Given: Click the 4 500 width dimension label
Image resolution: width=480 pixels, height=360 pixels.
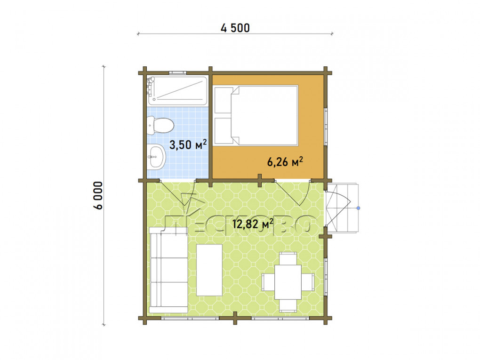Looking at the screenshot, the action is [235, 28].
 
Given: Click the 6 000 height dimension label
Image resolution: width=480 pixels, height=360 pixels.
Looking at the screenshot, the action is [98, 195].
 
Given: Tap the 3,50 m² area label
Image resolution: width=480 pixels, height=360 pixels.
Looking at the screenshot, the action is [188, 144].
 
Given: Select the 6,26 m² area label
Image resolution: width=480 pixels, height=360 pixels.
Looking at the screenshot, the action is [285, 161].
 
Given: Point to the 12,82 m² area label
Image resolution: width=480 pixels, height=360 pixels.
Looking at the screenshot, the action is [253, 224].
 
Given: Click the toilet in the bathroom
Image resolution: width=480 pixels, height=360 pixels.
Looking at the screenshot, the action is [160, 126].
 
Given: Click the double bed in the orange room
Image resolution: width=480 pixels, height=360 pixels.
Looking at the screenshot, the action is [256, 115].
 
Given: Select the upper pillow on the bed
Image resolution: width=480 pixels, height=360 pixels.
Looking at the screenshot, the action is [224, 100].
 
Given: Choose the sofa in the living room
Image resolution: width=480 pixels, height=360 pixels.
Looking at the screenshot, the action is [168, 270].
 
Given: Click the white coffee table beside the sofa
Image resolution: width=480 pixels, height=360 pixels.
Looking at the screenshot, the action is [209, 270].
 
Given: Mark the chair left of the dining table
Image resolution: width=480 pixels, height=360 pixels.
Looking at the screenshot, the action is [268, 282].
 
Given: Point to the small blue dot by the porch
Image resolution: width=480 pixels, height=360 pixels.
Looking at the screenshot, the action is [359, 208].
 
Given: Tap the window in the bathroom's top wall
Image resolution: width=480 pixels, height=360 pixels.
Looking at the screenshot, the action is [178, 73].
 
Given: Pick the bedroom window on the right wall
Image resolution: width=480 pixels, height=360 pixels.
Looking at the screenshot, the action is [326, 127].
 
